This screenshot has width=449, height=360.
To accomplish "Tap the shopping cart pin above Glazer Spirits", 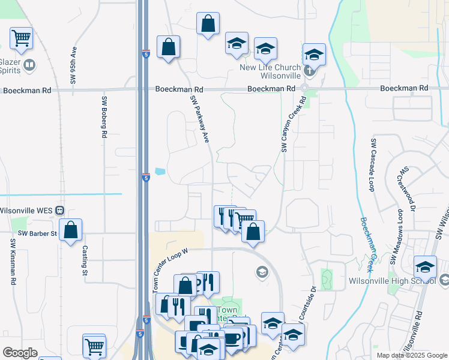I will coord(21,39).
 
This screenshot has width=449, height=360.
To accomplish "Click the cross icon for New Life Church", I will coord(309,71).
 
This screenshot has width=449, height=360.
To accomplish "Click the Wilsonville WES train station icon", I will coord(59,210).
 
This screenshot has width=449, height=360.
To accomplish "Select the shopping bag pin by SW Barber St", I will coord(70,230).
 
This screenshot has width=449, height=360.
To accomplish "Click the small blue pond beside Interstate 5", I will coord(160,171).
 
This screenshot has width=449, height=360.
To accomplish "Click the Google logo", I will coord(20,353).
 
